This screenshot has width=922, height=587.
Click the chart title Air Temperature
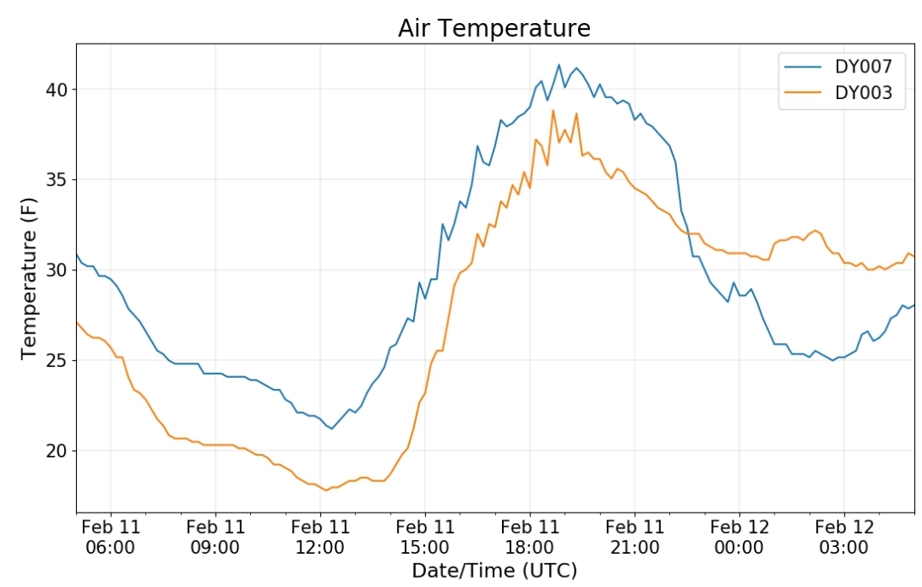(494, 28)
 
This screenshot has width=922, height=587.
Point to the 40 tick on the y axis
(57, 90)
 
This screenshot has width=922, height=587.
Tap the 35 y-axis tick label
(57, 180)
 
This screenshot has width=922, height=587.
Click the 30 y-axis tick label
(57, 270)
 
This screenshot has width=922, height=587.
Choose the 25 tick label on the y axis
(57, 360)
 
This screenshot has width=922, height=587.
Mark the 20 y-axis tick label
(57, 450)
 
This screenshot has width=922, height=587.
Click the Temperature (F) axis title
(29, 278)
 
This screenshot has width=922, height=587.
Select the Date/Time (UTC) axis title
(494, 571)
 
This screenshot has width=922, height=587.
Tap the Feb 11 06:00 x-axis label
(110, 537)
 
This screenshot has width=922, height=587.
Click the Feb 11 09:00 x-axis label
(215, 537)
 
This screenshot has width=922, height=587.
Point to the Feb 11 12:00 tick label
(320, 537)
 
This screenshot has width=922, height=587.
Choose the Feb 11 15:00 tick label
(425, 537)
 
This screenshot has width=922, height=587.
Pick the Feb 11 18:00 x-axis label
(530, 537)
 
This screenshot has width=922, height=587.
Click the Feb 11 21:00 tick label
(635, 537)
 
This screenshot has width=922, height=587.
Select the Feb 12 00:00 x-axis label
(739, 537)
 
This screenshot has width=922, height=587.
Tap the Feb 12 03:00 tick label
(844, 537)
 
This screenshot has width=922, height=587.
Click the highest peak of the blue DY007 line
(558, 65)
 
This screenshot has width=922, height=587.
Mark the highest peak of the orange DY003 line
(552, 110)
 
